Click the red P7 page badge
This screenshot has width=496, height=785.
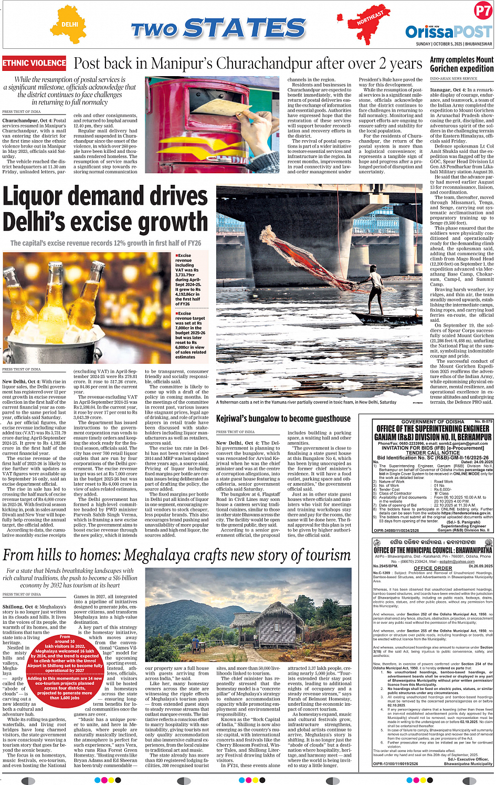482,11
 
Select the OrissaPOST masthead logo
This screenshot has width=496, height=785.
448,32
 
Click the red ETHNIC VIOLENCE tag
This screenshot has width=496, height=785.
34,64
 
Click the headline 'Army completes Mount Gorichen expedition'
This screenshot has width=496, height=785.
461,64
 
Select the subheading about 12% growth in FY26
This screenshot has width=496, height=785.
105,243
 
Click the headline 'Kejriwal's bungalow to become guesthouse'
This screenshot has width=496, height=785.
283,418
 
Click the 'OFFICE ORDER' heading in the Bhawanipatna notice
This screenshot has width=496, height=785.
432,568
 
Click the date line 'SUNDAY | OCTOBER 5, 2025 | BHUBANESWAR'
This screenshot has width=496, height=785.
453,44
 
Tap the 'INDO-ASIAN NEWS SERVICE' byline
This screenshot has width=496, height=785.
453,79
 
